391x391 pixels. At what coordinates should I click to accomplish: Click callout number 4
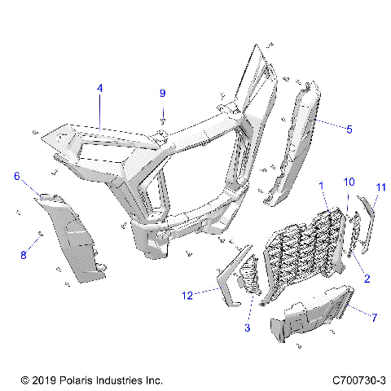(99, 87)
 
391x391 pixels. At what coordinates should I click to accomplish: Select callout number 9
(161, 93)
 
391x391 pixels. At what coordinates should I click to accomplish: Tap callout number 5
(349, 128)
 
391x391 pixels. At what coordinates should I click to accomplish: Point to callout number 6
(16, 176)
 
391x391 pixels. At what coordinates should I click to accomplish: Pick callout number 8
(24, 255)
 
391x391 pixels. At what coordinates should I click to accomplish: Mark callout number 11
(380, 188)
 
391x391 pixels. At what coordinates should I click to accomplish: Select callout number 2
(367, 279)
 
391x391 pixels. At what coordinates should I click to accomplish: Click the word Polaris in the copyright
(81, 380)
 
